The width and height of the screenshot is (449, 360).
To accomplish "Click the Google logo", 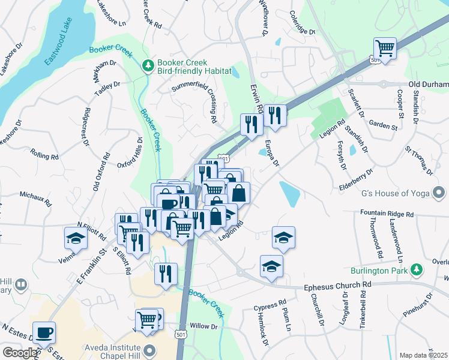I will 20,353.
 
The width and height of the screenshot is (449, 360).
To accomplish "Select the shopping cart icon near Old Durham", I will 385,48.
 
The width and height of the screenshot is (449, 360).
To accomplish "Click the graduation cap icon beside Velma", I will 76,237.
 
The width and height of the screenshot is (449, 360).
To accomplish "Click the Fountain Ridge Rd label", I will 387,214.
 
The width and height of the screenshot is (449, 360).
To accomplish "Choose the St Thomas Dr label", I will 418,159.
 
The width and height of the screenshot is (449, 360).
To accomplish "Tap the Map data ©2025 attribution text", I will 424,355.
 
